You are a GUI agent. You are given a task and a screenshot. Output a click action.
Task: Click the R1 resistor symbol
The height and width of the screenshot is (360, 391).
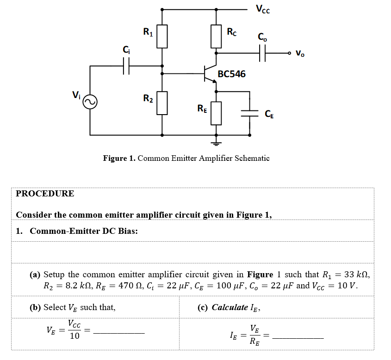point(161,37)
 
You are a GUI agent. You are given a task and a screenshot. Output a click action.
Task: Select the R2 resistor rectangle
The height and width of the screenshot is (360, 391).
point(161,103)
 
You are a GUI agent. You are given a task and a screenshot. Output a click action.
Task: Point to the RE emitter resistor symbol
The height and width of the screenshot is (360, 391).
point(216,113)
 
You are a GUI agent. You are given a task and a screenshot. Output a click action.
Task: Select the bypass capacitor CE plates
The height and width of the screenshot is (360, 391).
point(250,113)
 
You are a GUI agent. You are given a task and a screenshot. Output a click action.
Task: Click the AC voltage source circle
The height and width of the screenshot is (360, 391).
point(90,102)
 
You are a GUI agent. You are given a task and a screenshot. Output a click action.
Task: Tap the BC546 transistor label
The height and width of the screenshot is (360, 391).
point(231,74)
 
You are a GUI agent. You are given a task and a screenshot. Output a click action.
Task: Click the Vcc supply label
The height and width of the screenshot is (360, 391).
point(262,9)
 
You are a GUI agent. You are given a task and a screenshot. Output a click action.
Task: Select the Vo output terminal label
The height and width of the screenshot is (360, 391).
point(300,53)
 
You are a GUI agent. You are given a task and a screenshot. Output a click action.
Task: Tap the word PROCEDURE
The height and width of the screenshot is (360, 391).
point(45,194)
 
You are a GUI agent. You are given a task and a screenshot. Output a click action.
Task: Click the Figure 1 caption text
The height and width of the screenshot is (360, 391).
point(186,158)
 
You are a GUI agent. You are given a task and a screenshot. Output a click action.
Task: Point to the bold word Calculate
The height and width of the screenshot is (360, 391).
point(230,307)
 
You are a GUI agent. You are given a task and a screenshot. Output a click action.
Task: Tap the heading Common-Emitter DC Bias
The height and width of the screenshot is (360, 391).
point(83,231)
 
